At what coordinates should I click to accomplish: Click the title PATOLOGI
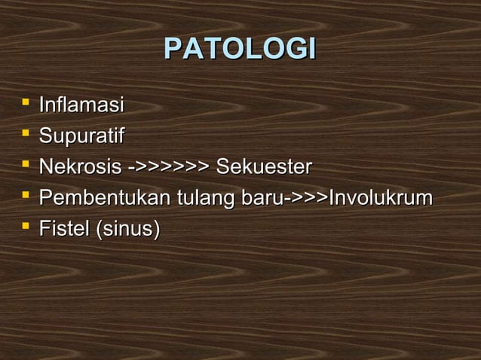point(240,49)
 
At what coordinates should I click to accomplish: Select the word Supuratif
point(81,136)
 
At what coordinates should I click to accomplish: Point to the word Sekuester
point(263,166)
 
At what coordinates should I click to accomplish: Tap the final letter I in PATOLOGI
point(310,49)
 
